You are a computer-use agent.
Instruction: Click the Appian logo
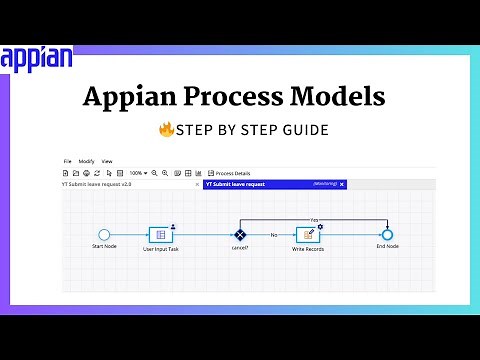tap(36, 57)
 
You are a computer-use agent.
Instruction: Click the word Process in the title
tap(239, 98)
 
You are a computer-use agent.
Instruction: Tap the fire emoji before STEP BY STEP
tap(166, 130)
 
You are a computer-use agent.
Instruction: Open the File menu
tap(68, 161)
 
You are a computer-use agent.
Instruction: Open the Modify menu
tap(86, 161)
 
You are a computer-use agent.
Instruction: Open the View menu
tap(107, 161)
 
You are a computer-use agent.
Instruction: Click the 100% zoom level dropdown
tap(138, 173)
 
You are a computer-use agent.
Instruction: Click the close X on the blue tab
tap(342, 184)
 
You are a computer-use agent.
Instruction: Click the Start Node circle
tap(104, 234)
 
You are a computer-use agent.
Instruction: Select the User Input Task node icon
tap(161, 234)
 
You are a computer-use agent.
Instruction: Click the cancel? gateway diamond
tap(240, 234)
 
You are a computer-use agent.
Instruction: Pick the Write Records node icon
tap(307, 234)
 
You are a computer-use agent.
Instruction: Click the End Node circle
tap(387, 234)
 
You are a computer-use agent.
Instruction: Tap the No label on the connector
tap(273, 234)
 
